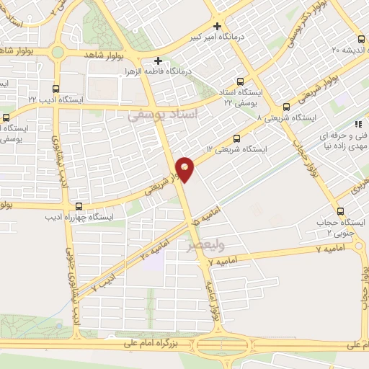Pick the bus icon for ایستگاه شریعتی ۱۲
(x=237, y=140)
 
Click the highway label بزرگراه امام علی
(x=159, y=345)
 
